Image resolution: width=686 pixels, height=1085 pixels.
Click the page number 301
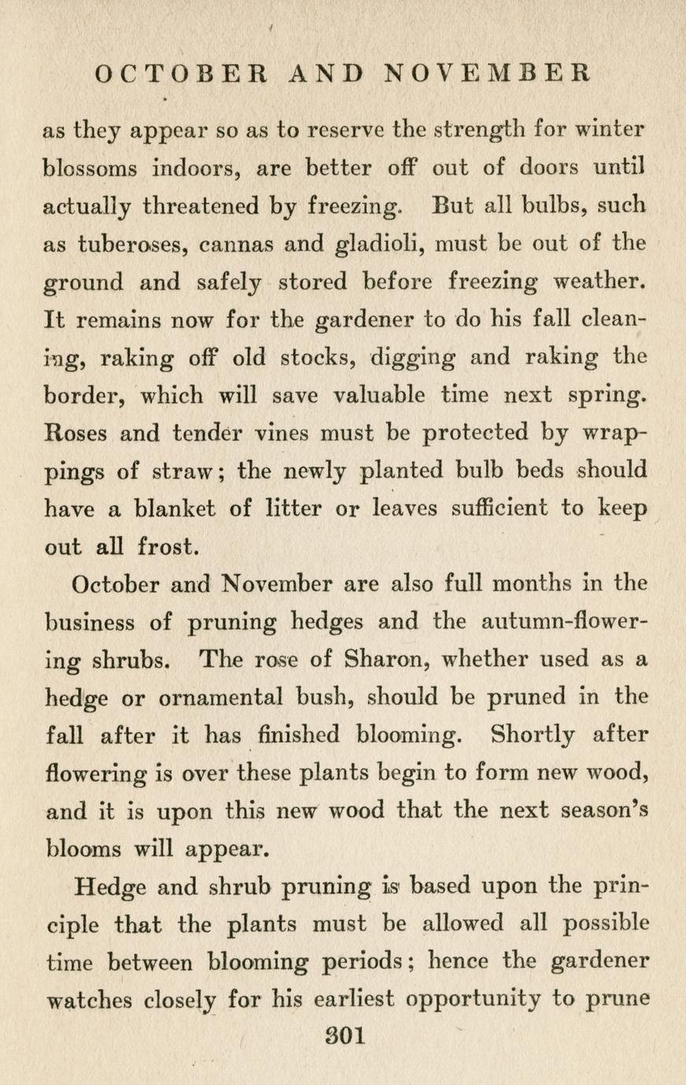(x=344, y=1036)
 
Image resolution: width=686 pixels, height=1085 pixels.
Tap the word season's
(x=603, y=811)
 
